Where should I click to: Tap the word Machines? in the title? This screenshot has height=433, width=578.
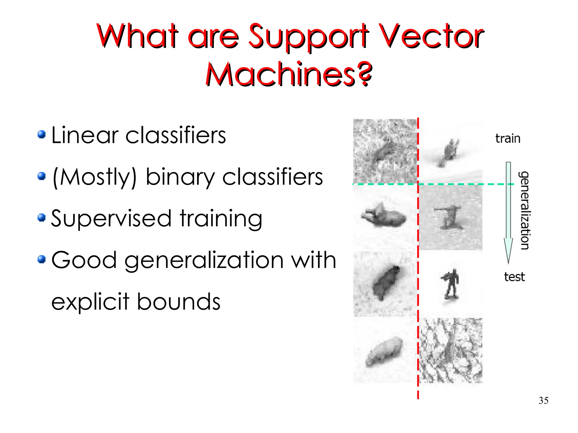289,74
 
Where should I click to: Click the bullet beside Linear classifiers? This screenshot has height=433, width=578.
41,135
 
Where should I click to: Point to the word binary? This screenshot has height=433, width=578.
180,177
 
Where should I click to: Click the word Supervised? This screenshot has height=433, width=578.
111,219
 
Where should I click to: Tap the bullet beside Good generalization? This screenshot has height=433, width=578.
41,259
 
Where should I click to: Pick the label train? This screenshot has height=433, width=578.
507,139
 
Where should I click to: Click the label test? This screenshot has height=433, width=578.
514,277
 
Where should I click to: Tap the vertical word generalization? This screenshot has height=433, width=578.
525,210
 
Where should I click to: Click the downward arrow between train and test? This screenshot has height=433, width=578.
508,212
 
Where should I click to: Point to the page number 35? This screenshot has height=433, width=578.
543,400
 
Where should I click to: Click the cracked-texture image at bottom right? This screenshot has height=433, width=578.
451,350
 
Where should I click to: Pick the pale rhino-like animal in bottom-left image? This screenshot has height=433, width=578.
384,351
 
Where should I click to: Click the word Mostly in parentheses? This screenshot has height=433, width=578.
95,177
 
